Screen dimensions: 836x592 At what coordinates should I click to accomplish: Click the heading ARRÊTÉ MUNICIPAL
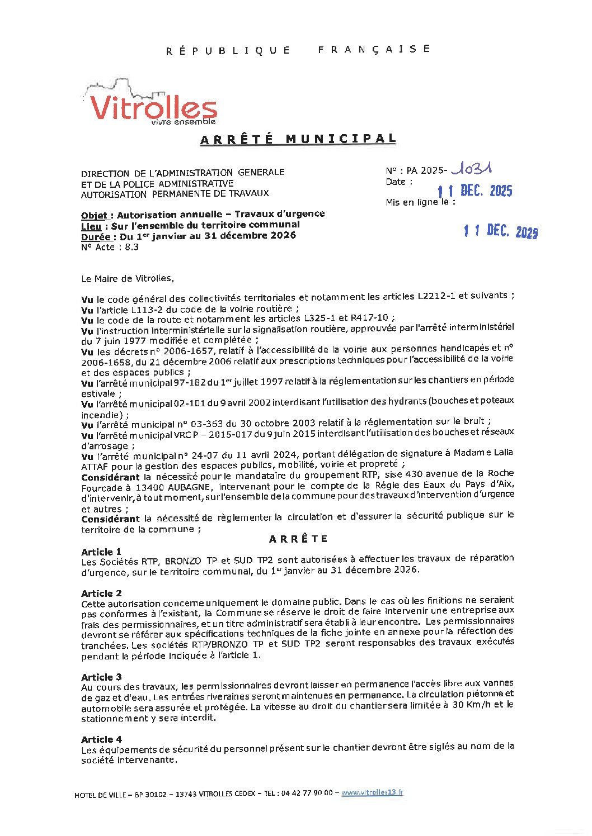coord(298,139)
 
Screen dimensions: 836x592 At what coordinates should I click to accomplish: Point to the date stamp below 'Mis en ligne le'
coord(500,230)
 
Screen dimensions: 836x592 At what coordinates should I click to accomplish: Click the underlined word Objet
coord(94,216)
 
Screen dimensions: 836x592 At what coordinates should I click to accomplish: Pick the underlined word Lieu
coord(91,226)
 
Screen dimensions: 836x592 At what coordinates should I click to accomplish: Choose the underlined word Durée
coord(95,237)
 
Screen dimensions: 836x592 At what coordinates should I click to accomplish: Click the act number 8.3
coord(131,247)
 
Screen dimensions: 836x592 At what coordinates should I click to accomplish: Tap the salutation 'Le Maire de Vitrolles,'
coord(128,278)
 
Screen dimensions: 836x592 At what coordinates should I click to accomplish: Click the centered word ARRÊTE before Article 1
coord(298,539)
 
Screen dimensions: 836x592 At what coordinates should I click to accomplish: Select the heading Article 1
coord(101,552)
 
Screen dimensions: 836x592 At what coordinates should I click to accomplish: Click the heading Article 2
coord(101,593)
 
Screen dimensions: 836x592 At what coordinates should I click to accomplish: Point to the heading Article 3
coord(101,677)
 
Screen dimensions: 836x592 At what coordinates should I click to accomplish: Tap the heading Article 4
coord(101,739)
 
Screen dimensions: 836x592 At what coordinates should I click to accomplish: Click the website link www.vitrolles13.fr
coord(372,792)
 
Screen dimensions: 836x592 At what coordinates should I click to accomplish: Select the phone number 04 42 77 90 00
coord(307,793)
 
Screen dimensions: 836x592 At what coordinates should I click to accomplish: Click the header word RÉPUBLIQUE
coord(228,51)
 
